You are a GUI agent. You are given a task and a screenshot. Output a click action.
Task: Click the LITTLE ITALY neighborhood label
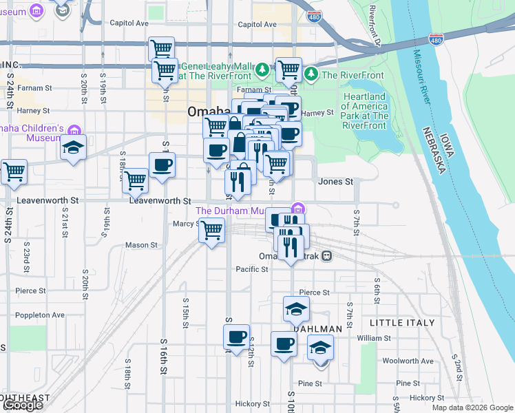(x=402, y=322)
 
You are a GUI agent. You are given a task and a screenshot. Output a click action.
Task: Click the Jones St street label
(x=335, y=182)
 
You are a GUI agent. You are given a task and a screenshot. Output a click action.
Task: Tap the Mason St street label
(x=141, y=245)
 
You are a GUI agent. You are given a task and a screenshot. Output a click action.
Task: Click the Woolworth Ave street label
(x=408, y=361)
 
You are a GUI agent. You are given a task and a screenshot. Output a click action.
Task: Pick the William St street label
(x=374, y=338)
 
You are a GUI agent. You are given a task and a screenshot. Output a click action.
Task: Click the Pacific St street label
(x=251, y=269)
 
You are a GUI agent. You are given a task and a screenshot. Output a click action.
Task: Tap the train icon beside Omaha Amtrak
(x=327, y=255)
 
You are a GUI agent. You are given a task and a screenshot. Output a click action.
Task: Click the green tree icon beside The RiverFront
(x=311, y=73)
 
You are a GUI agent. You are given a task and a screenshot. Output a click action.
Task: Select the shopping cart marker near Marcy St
(x=211, y=229)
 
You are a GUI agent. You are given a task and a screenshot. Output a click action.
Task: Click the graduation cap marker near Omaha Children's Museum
(x=72, y=147)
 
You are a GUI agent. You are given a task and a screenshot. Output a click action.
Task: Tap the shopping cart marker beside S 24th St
(x=13, y=171)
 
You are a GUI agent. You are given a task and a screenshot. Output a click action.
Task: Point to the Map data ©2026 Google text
(x=472, y=407)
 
